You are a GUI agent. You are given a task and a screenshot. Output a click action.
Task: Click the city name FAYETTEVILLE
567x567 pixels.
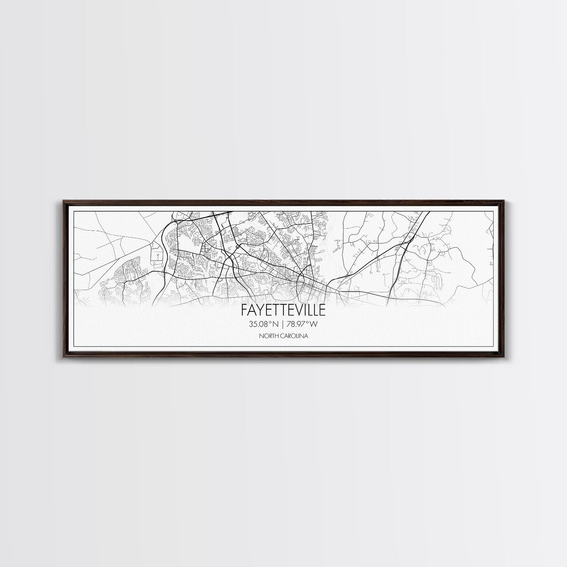click(x=283, y=310)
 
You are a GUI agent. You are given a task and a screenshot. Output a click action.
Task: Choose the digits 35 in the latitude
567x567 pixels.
click(x=252, y=324)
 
